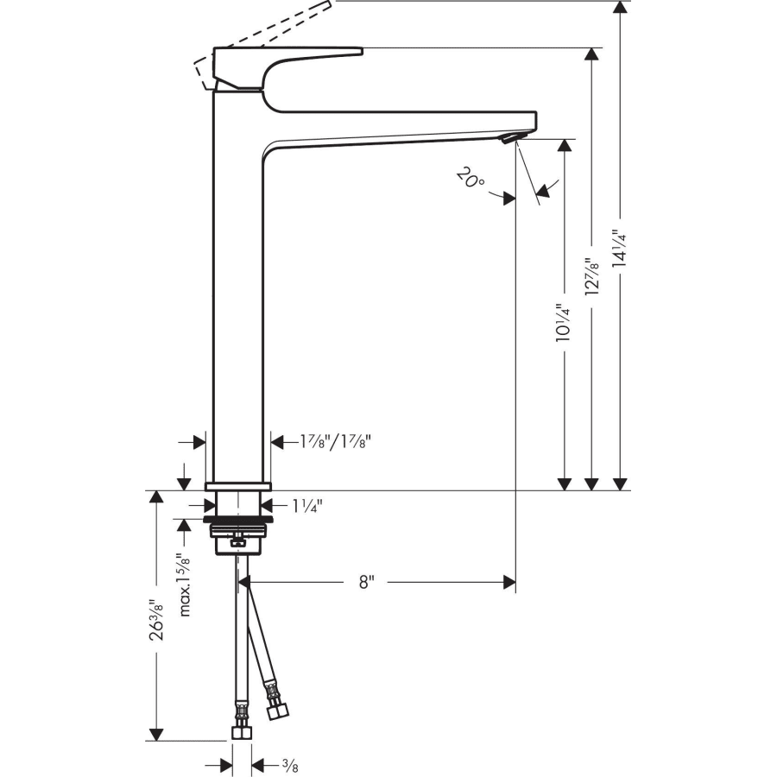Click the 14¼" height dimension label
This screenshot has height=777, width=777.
coord(617,250)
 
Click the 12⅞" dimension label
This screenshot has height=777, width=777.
coord(591,277)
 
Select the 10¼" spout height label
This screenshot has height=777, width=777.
coord(563,323)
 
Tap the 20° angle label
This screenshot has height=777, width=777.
coord(471,180)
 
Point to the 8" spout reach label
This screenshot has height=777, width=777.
coord(366,583)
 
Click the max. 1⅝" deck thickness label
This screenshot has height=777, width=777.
coord(184,584)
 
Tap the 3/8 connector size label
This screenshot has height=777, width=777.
coord(289,764)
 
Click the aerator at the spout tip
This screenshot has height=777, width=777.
coord(512,139)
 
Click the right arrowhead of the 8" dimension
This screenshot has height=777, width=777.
coord(509,583)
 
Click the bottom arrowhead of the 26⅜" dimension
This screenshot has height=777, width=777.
coord(155,734)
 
